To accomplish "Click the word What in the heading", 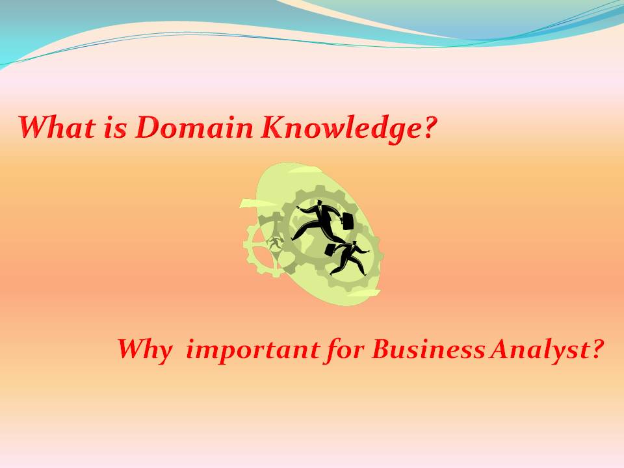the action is click(57, 127).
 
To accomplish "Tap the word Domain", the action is click(194, 127).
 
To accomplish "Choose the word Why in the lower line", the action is click(145, 350).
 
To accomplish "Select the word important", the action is click(253, 350).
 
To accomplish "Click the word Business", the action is click(428, 350).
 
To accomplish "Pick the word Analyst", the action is click(539, 350).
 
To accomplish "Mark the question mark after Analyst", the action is click(596, 349).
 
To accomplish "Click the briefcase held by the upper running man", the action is click(347, 221).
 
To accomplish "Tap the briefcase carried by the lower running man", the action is click(330, 250).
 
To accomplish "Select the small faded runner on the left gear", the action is click(274, 242).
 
